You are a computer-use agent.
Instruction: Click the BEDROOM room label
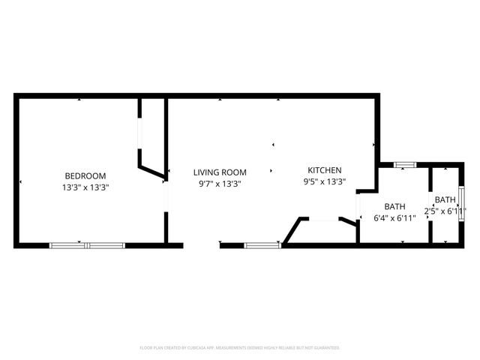tap(85, 176)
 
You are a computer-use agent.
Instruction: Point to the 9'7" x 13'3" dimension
tap(220, 184)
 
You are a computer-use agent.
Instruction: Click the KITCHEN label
tap(324, 170)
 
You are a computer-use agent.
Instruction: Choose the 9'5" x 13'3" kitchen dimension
tap(324, 181)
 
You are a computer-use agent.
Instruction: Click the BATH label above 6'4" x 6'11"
tap(394, 207)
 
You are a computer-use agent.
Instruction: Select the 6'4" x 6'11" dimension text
tap(394, 219)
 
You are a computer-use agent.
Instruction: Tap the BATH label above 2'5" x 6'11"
tap(445, 199)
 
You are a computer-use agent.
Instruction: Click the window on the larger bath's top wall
tap(405, 164)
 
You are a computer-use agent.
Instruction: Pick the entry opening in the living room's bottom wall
tap(202, 244)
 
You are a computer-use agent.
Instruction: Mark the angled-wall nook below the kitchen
tap(321, 231)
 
